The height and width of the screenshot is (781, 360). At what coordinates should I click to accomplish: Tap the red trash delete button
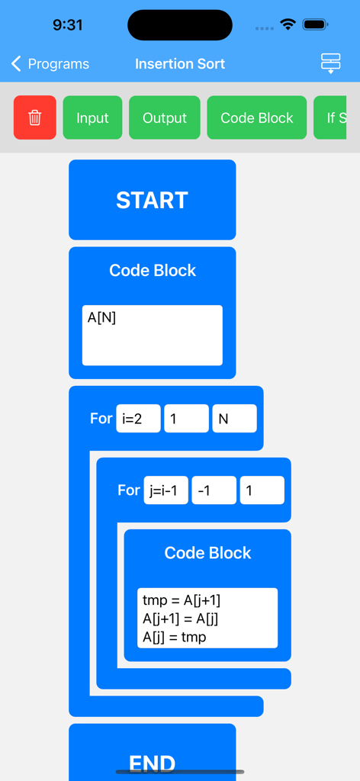coord(35,117)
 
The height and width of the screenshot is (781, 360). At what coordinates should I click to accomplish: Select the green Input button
coord(92,117)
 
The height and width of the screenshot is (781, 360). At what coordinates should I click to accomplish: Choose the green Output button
coord(165,117)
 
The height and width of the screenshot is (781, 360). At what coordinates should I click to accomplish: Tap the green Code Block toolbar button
coord(257,117)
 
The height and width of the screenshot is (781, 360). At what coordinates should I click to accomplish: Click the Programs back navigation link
coord(50,64)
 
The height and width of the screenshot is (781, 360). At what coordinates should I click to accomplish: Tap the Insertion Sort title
coord(180,64)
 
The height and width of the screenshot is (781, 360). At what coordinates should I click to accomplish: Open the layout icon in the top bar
coord(330,63)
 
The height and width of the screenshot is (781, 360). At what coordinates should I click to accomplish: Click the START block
coord(152,200)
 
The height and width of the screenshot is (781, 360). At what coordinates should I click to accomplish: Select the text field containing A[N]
coord(152,336)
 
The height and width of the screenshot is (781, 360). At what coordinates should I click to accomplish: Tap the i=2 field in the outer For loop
coord(138,419)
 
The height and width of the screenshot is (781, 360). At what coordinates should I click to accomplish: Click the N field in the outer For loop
coord(234,419)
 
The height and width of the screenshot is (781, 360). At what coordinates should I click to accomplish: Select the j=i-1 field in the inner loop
coord(166,490)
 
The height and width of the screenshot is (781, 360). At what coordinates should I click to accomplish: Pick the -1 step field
coord(214,490)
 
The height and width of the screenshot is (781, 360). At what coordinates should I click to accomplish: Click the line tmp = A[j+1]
coord(182,600)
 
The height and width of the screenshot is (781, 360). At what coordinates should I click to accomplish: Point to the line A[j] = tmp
coord(174,637)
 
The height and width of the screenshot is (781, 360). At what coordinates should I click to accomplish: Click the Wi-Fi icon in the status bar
coord(288,24)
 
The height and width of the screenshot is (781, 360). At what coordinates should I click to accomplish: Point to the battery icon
coord(315,24)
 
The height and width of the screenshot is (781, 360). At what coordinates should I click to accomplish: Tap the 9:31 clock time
coord(67,24)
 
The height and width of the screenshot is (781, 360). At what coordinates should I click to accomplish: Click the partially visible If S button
coord(336,117)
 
